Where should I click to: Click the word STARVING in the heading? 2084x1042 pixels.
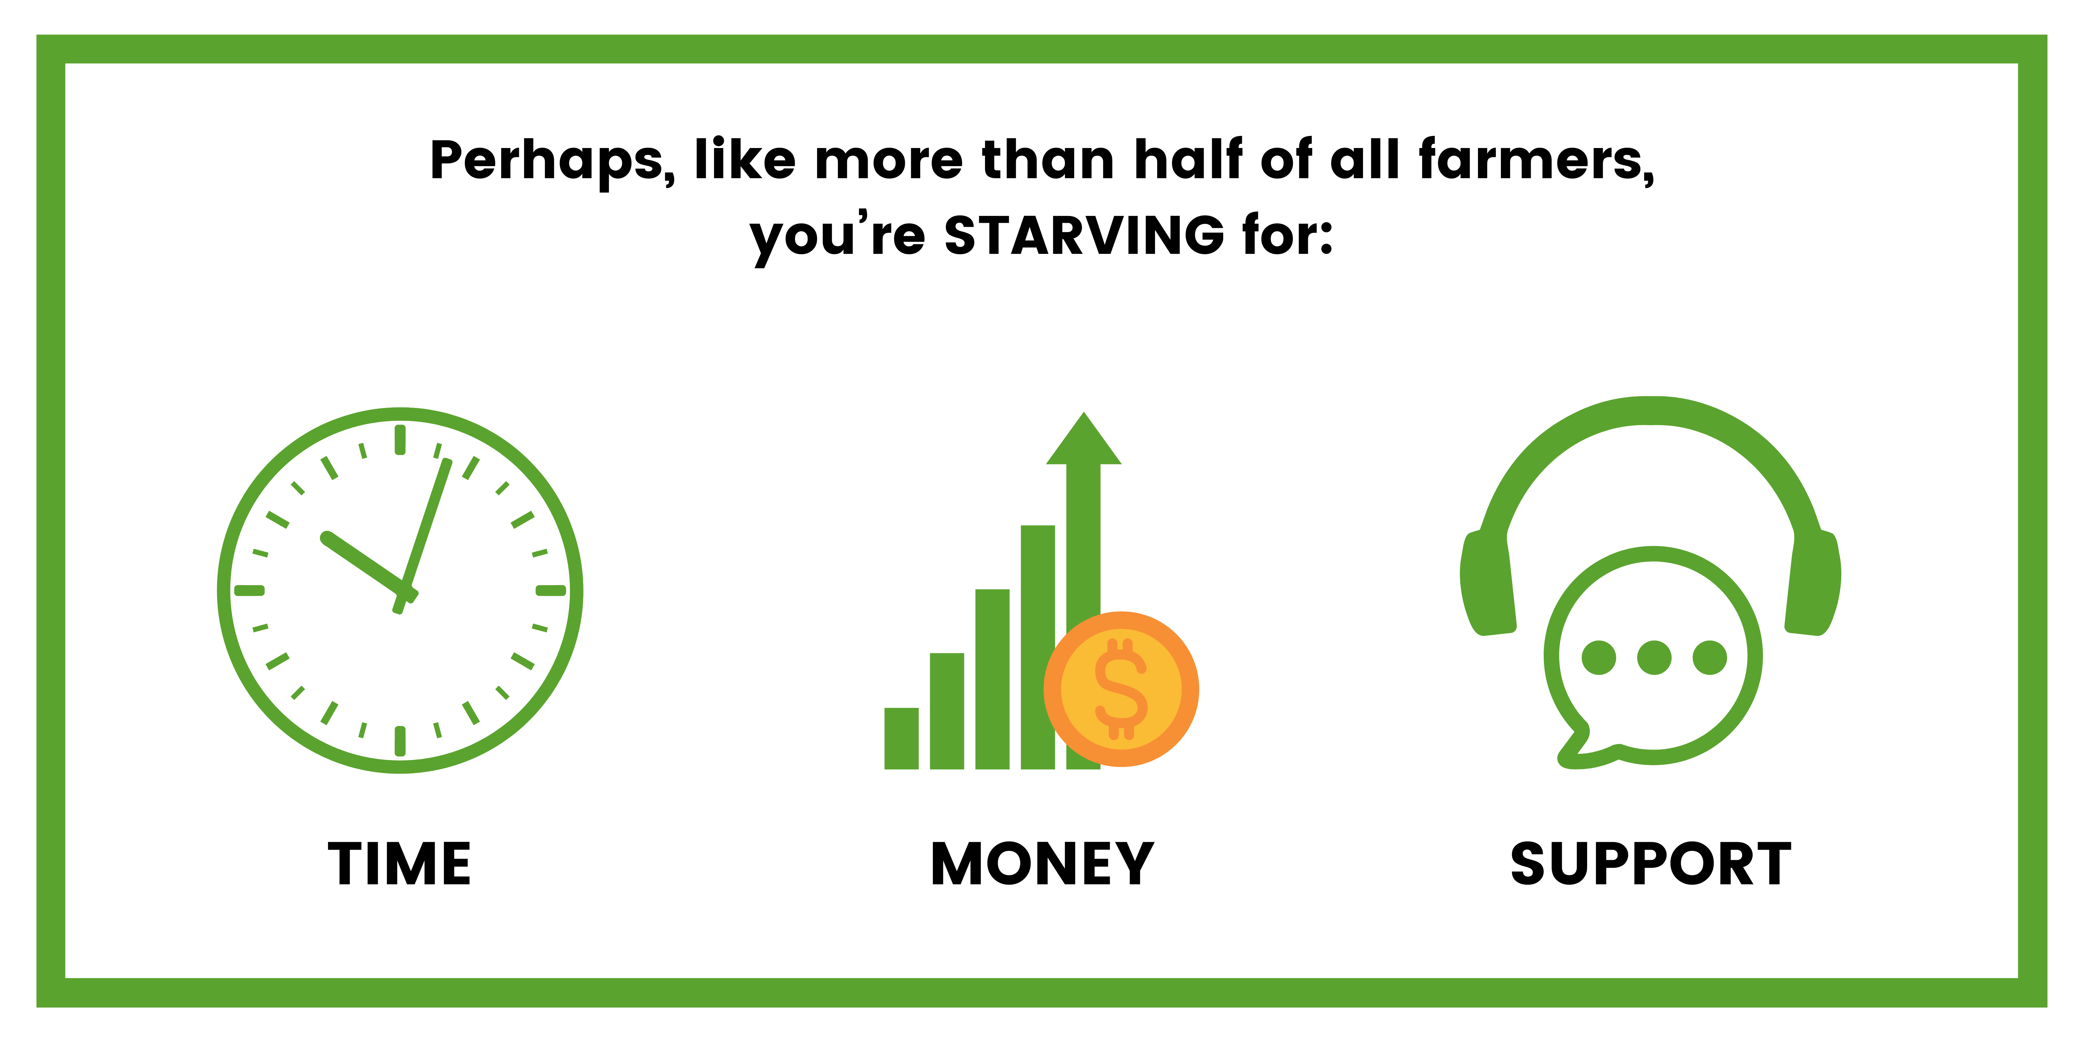coord(1084,235)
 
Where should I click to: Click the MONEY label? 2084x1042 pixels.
coord(1042,864)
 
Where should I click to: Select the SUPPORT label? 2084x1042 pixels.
coord(1651,864)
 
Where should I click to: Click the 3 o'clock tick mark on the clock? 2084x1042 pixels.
coord(551,591)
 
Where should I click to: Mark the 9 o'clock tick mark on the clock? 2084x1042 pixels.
coord(249,591)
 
